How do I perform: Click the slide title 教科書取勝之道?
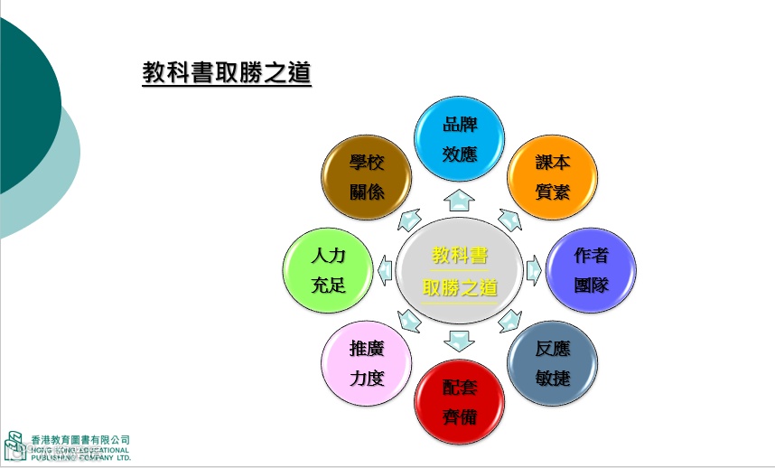tap(227, 72)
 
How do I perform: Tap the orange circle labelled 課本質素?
tap(552, 177)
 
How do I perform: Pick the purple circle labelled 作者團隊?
tap(591, 270)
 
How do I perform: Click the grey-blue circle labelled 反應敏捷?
tap(552, 362)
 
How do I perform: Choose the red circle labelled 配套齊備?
tap(459, 401)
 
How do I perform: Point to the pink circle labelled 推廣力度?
tap(367, 363)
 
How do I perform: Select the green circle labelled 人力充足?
tap(328, 270)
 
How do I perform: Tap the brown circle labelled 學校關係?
tap(367, 177)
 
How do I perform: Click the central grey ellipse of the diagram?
tap(459, 270)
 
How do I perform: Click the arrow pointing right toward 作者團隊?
tap(533, 268)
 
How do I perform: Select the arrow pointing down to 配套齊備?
tap(459, 342)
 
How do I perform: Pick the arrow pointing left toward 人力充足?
tap(386, 268)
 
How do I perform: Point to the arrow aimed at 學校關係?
tap(409, 218)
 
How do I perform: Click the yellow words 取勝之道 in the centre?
tap(460, 288)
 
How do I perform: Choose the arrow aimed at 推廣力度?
tap(408, 319)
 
